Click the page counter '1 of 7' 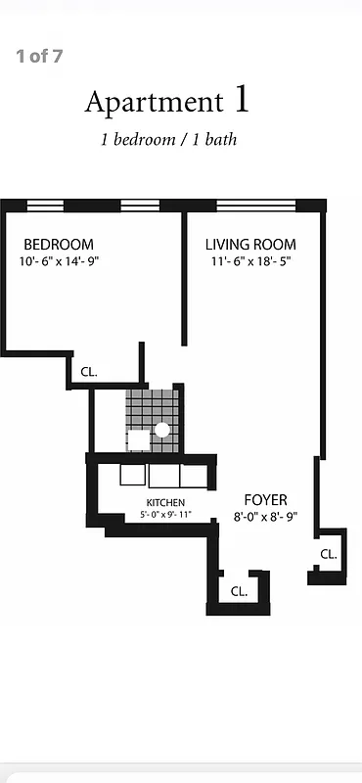(39, 56)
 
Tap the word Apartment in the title (153, 102)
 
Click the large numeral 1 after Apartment (242, 99)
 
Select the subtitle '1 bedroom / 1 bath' (168, 139)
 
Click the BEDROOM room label (59, 244)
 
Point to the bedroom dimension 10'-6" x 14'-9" (60, 261)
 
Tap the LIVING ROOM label (250, 244)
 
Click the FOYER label (265, 499)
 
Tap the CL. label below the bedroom (89, 372)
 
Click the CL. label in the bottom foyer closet (239, 591)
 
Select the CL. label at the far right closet (328, 554)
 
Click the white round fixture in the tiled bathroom (162, 429)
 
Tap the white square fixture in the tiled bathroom (139, 439)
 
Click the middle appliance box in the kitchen (162, 475)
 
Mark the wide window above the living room (254, 206)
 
